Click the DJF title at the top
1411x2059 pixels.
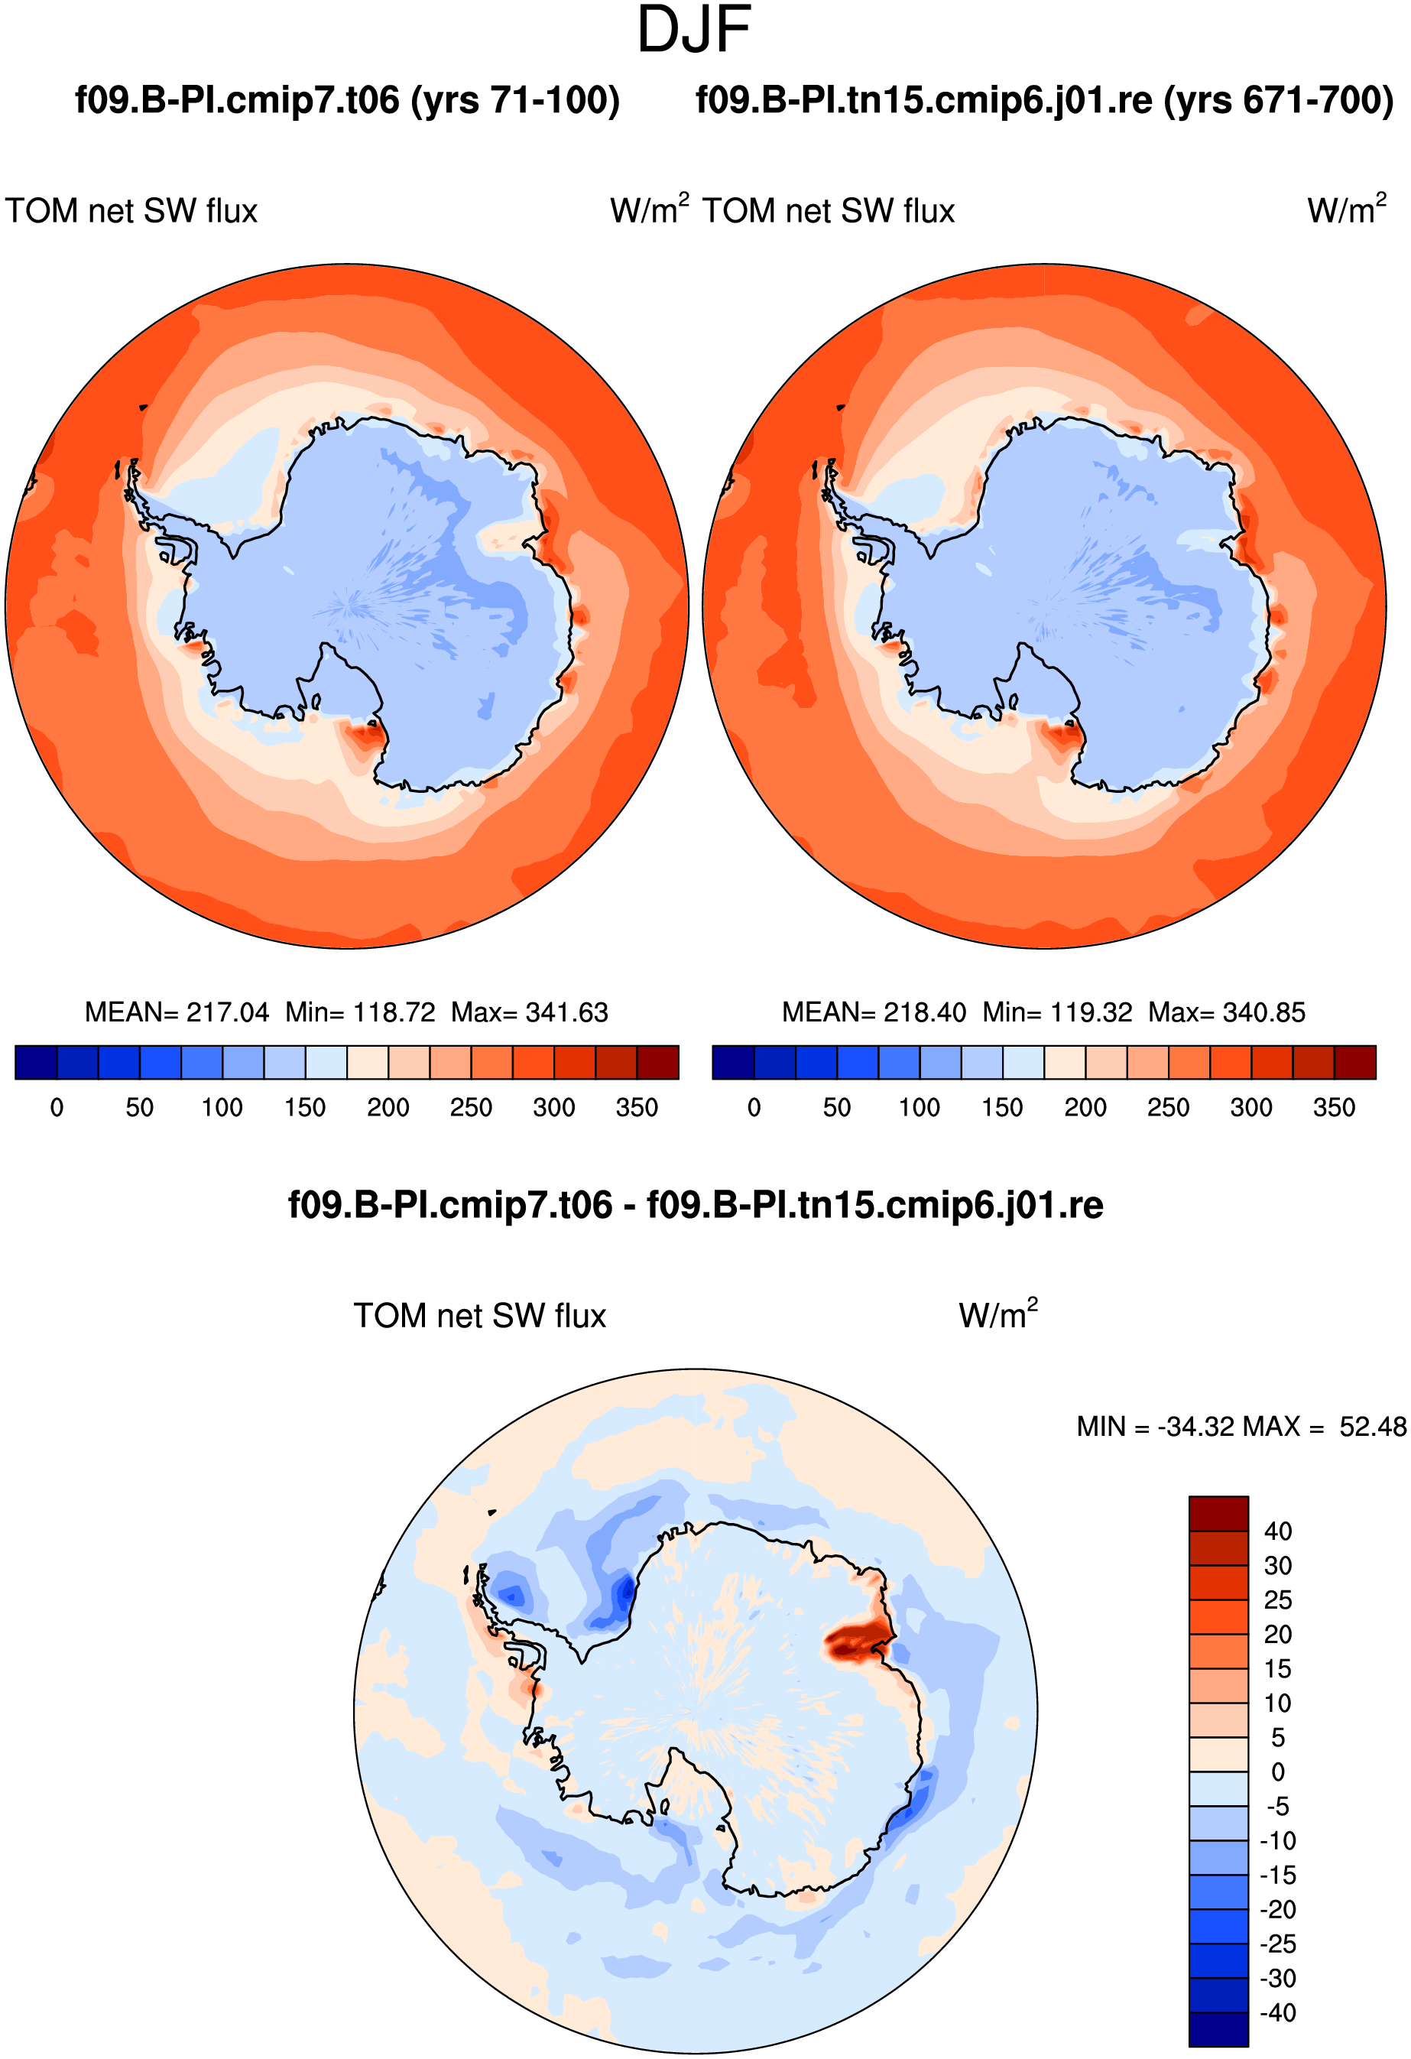(695, 30)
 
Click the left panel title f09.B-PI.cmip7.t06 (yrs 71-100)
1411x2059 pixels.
(347, 100)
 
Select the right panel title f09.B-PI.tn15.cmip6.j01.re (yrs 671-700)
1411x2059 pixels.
(1044, 100)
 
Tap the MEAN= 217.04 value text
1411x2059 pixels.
(177, 1012)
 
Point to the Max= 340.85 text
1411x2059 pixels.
(1227, 1012)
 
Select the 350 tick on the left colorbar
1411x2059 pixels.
(637, 1107)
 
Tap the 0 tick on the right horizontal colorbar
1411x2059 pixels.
(754, 1107)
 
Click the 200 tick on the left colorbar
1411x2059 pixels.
(388, 1107)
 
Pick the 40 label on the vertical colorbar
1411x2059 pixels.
(1278, 1531)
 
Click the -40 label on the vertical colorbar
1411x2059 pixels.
(1278, 2013)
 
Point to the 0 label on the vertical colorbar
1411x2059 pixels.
(1278, 1772)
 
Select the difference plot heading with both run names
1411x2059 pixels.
(696, 1205)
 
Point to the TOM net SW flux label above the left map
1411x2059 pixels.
(131, 211)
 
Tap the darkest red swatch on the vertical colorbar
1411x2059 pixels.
(1219, 1513)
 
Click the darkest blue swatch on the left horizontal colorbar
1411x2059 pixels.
(37, 1062)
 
